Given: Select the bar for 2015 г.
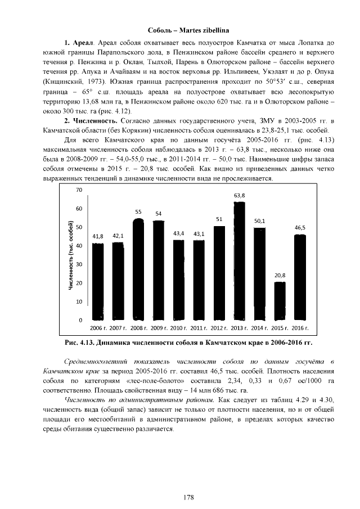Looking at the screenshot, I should (280, 301).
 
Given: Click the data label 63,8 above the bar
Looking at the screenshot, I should (239, 195).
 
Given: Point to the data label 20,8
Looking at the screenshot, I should (280, 275).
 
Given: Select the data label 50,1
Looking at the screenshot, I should (259, 221).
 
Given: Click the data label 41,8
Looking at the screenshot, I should (98, 236).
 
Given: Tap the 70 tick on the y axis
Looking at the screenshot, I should (79, 190).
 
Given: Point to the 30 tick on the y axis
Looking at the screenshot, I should (79, 264).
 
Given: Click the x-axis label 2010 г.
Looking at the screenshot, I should (179, 327).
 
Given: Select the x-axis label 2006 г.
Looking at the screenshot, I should (98, 327).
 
